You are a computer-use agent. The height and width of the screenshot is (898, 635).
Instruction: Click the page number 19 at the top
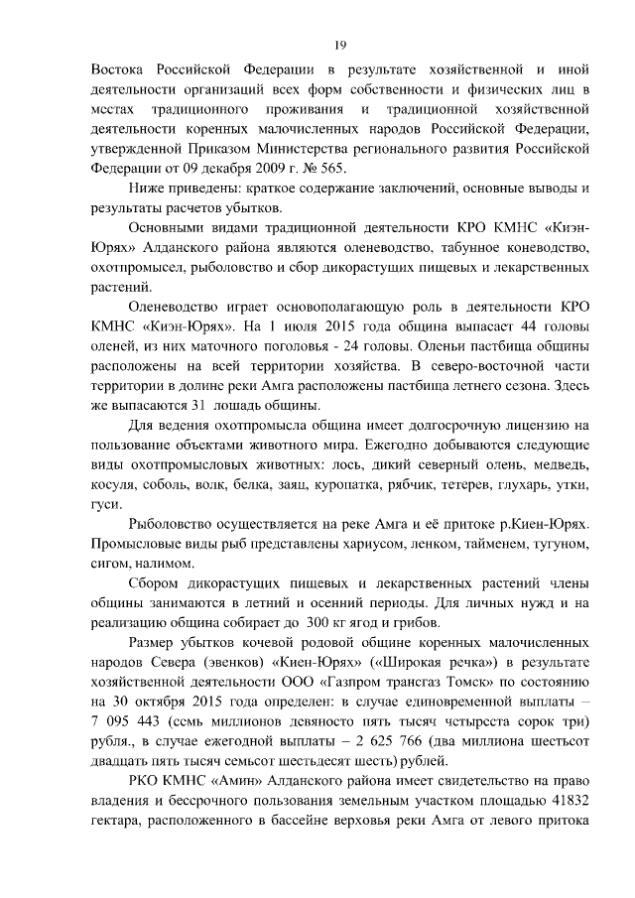[339, 45]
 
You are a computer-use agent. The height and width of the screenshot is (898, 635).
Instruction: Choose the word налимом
[151, 562]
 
